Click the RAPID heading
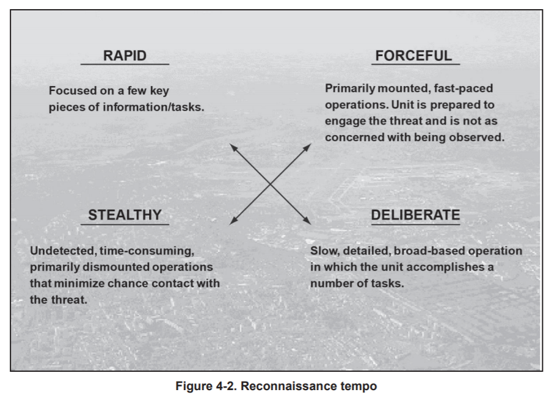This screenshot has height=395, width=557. [x=125, y=56]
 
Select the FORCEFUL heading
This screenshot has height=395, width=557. [x=414, y=56]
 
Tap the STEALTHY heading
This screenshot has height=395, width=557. [x=125, y=215]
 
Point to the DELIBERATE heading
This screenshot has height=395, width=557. [x=415, y=215]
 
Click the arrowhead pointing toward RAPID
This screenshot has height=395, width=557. [x=233, y=147]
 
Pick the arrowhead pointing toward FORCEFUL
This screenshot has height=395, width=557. [x=307, y=147]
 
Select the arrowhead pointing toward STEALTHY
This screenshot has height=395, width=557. [x=233, y=220]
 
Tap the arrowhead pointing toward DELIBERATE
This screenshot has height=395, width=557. [x=307, y=220]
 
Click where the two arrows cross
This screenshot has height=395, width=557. [x=271, y=184]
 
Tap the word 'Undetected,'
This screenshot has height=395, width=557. [x=63, y=251]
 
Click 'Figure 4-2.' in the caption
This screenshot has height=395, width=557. [x=206, y=386]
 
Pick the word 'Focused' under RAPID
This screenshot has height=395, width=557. [x=73, y=90]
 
